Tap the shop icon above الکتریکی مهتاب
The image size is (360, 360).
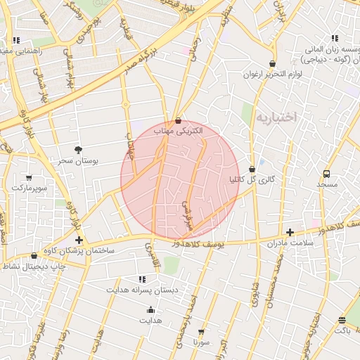(x=177, y=120)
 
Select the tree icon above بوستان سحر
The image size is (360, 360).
(x=77, y=150)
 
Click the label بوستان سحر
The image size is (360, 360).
(x=77, y=161)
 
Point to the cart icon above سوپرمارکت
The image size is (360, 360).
(x=28, y=177)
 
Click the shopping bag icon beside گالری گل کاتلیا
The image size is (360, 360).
(x=252, y=169)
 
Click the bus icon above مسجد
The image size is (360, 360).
(x=327, y=173)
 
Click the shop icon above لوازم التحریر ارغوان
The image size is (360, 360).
(x=272, y=63)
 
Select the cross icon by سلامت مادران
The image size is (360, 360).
(x=290, y=232)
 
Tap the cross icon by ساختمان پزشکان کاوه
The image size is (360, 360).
(x=79, y=240)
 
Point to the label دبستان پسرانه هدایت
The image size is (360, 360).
(x=143, y=290)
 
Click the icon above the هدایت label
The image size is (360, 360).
(x=151, y=310)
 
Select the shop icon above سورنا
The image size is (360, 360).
(x=202, y=331)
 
